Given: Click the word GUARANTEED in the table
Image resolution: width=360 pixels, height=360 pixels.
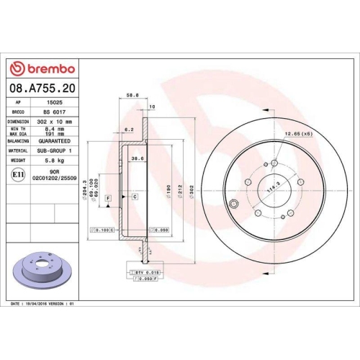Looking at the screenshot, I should [x=55, y=141].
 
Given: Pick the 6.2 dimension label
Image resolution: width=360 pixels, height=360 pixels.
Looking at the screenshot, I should [x=129, y=130].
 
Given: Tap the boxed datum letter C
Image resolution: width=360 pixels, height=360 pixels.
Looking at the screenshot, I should [x=135, y=197].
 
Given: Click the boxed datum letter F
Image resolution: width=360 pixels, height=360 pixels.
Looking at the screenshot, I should [x=108, y=197].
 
